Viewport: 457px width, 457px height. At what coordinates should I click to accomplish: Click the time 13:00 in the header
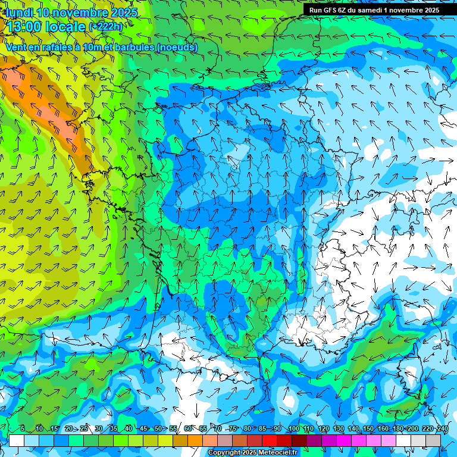click(x=30, y=26)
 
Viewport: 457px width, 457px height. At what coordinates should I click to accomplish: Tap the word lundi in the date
click(x=20, y=12)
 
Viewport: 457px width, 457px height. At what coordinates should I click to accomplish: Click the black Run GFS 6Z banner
click(x=374, y=10)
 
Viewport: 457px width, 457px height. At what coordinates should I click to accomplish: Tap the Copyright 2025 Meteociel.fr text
click(x=252, y=453)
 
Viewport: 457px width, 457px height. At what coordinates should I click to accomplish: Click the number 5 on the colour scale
click(x=23, y=428)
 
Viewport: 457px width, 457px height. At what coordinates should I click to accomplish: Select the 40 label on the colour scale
click(x=129, y=428)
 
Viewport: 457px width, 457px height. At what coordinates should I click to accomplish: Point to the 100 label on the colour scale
click(x=293, y=428)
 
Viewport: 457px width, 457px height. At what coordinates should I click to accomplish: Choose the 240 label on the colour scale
click(x=442, y=428)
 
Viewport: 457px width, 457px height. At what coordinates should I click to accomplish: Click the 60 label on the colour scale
click(x=188, y=428)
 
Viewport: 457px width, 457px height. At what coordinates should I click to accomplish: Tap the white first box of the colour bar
click(x=17, y=440)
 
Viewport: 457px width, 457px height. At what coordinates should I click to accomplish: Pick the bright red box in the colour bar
click(x=270, y=440)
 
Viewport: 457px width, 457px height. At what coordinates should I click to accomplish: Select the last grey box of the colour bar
click(x=433, y=440)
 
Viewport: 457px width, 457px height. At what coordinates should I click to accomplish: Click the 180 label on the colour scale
click(x=397, y=428)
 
